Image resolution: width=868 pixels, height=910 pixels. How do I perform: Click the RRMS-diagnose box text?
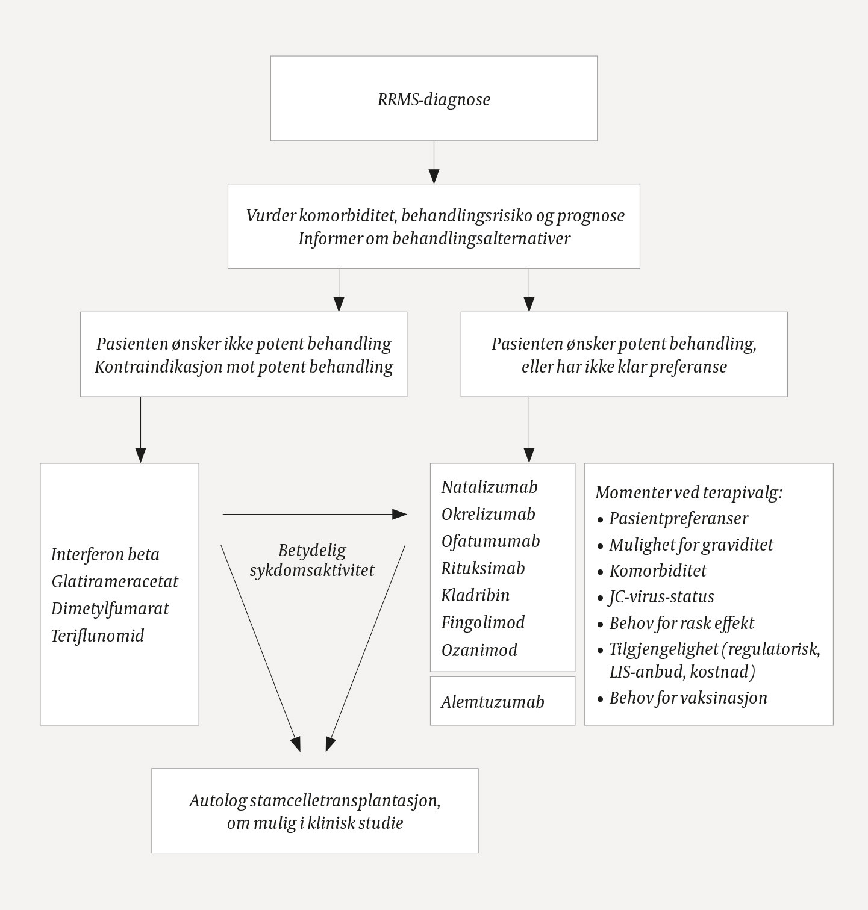(434, 99)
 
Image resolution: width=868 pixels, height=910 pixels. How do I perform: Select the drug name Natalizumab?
(489, 487)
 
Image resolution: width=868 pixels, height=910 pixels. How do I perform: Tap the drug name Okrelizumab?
(488, 514)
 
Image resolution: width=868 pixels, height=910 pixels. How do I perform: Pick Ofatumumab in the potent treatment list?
(490, 541)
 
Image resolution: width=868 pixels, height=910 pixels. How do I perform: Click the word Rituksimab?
(482, 568)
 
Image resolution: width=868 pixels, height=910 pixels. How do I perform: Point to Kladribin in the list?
(475, 595)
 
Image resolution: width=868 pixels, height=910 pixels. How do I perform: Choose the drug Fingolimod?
(482, 622)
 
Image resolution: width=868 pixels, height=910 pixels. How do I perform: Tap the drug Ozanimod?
(479, 650)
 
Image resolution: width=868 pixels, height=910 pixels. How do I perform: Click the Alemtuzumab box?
(492, 702)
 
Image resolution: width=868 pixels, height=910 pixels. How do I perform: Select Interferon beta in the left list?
(105, 554)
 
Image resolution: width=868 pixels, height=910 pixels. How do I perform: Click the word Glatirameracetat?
(114, 581)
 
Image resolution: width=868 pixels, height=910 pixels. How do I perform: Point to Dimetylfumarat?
(110, 608)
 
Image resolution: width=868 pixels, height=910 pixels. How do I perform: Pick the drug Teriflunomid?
(98, 636)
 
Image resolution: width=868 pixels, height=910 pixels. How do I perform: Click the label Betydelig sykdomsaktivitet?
(312, 560)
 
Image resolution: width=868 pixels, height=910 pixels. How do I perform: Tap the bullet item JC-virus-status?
(661, 596)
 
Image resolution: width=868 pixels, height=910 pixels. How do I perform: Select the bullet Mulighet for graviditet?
(691, 545)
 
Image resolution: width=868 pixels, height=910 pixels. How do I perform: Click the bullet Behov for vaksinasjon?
(688, 698)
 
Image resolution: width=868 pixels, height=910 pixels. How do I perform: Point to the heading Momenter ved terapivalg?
(688, 492)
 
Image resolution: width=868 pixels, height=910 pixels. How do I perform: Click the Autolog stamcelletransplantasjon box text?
(314, 811)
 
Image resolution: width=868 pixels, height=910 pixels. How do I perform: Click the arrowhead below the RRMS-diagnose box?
(434, 176)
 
